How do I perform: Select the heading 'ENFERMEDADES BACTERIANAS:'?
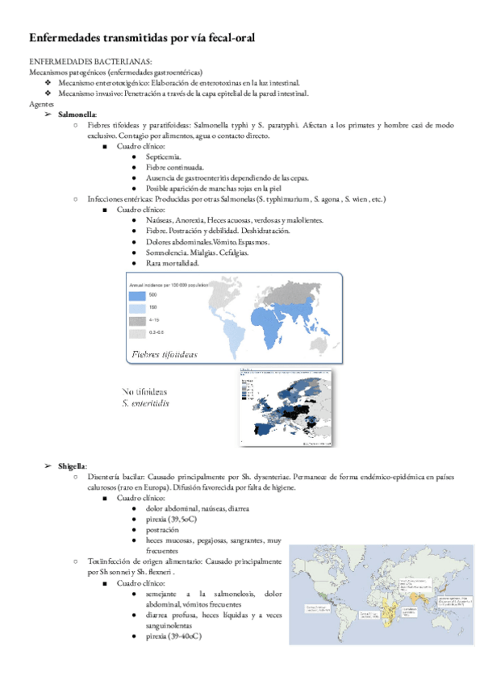tap(90, 61)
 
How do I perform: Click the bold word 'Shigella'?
tap(72, 466)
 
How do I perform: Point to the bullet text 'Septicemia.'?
tap(164, 156)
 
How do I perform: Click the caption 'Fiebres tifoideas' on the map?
tap(164, 354)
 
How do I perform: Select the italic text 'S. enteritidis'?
tap(146, 402)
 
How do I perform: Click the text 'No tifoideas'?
tap(145, 390)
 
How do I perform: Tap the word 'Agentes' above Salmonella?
tap(42, 104)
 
